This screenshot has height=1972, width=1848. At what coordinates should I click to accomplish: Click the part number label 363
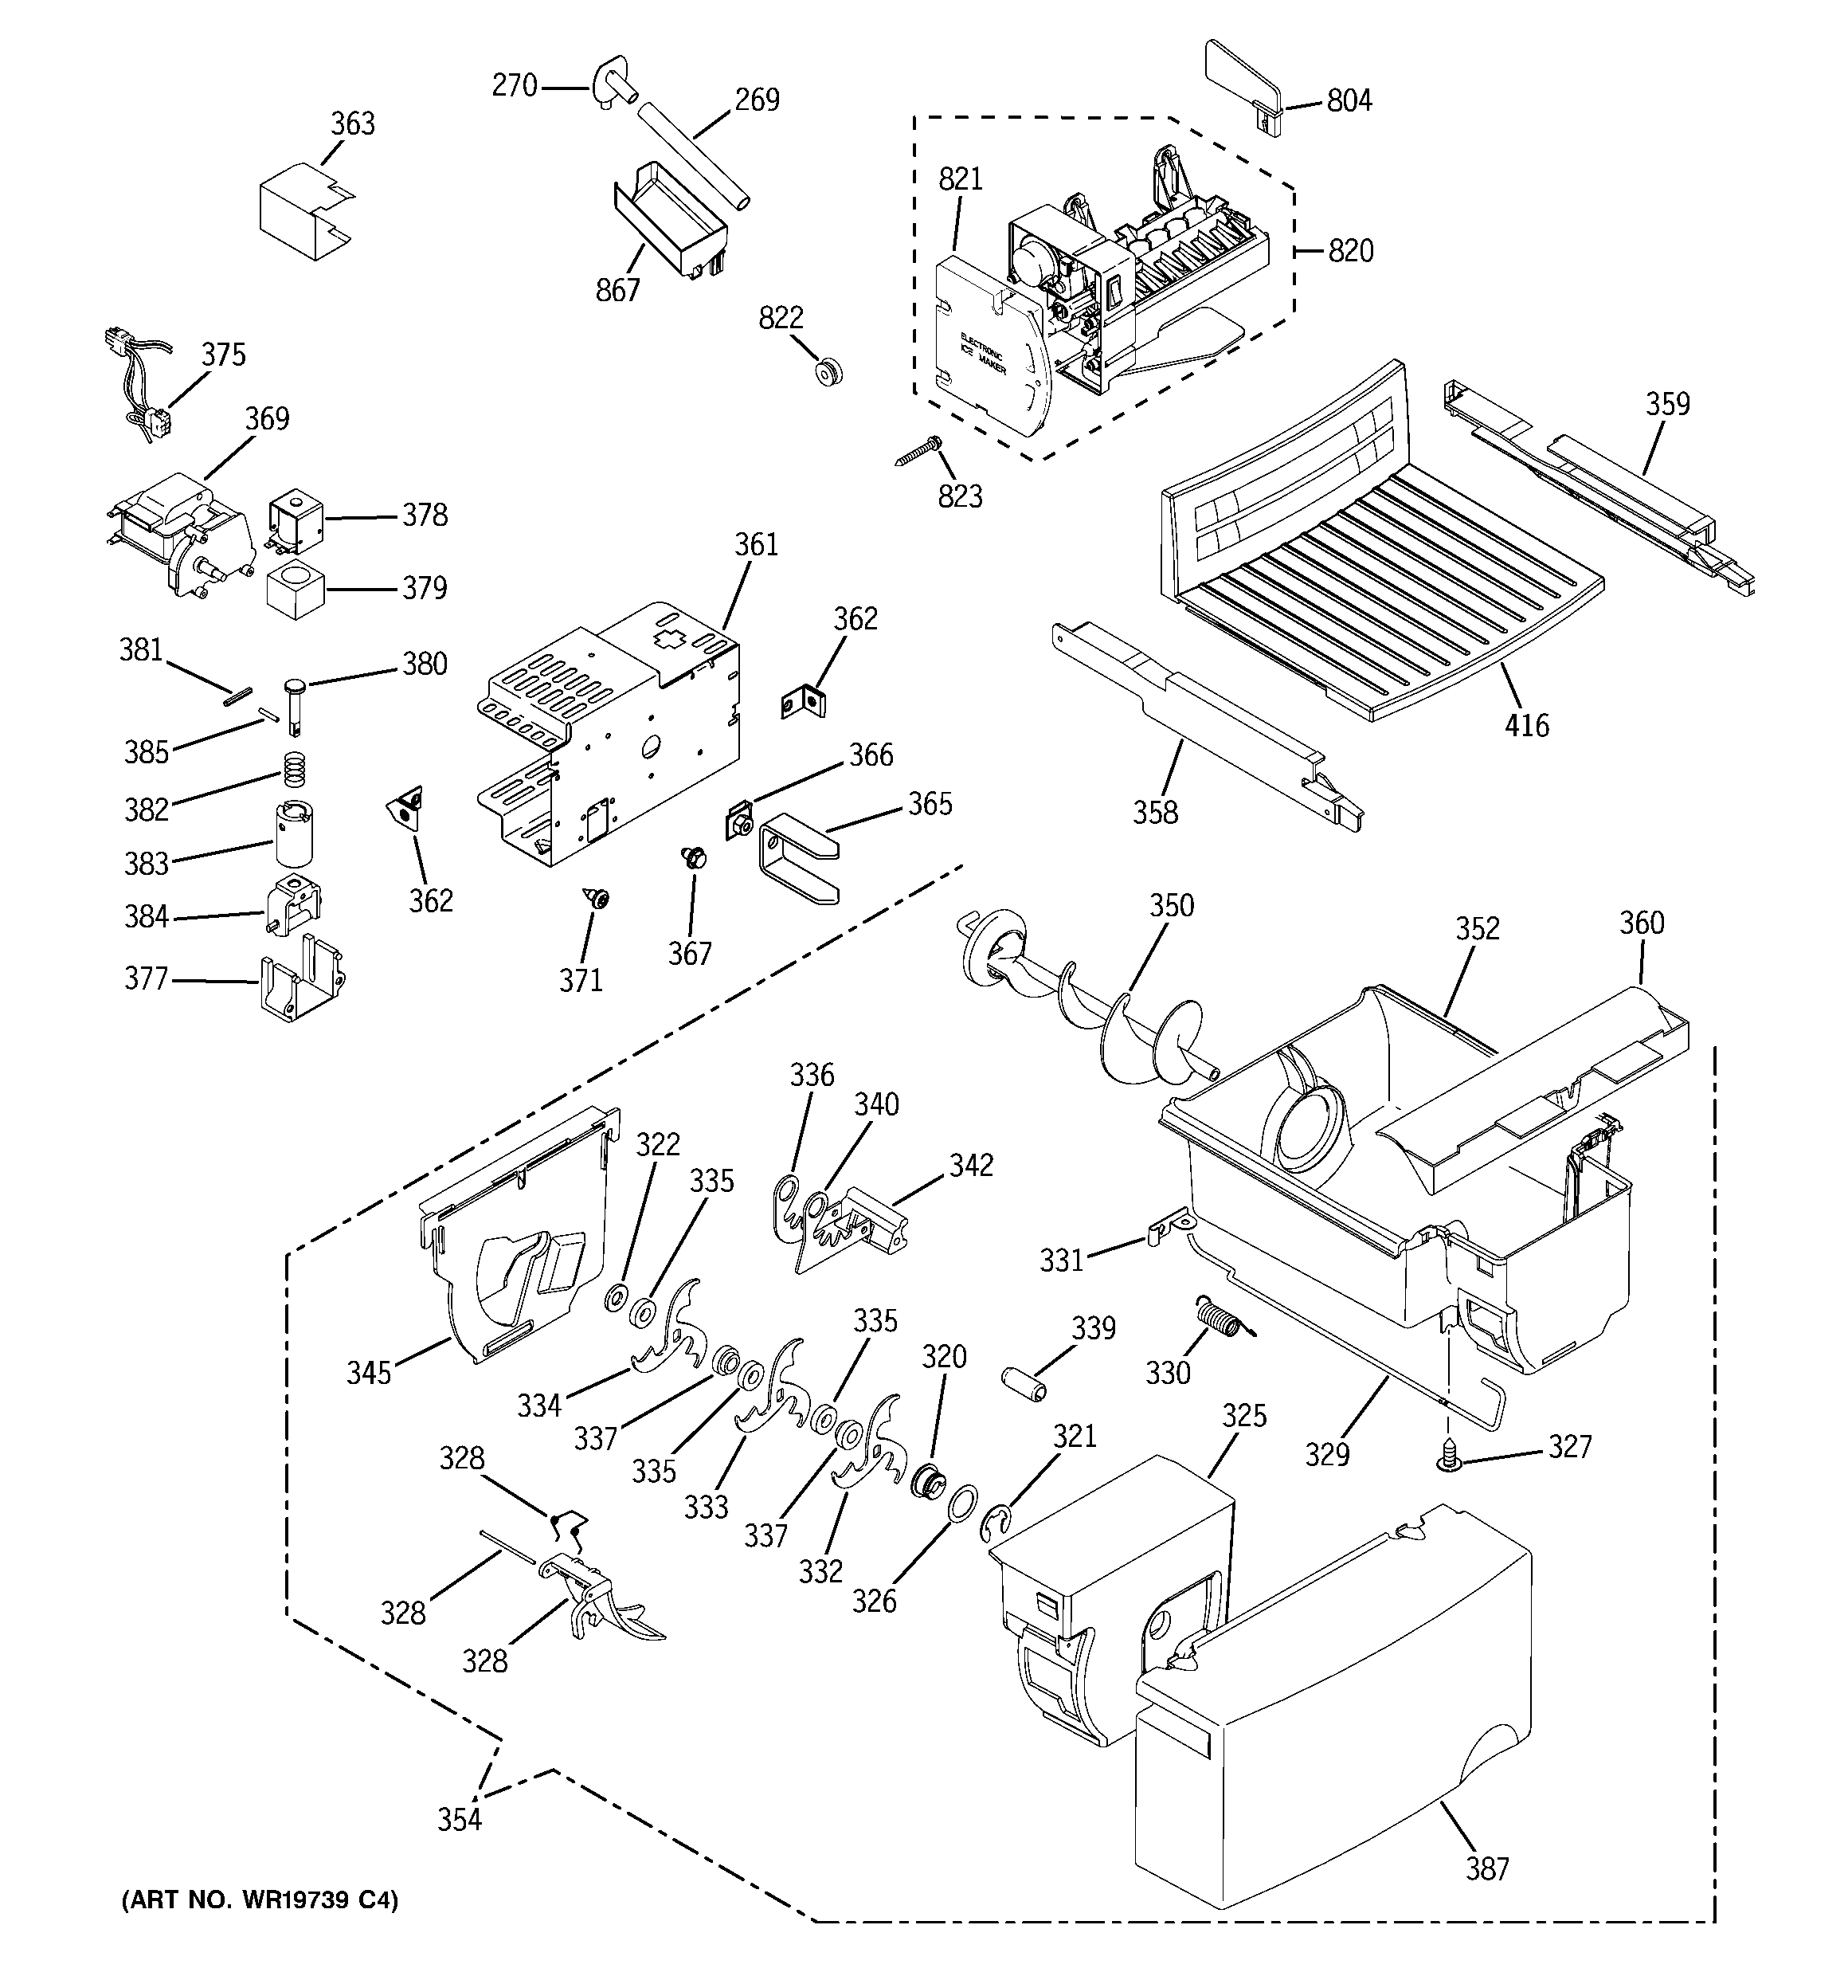pos(352,124)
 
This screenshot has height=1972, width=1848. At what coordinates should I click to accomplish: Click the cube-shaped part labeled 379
pos(296,590)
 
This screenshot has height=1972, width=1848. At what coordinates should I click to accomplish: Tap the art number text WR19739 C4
pos(259,1899)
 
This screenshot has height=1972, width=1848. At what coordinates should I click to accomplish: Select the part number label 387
pos(1487,1869)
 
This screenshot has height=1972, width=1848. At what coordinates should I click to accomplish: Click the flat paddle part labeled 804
pos(1244,85)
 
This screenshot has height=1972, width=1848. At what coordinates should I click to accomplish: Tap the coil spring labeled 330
pos(1217,1319)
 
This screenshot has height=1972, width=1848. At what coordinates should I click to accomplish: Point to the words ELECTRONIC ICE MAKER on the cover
pos(983,355)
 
